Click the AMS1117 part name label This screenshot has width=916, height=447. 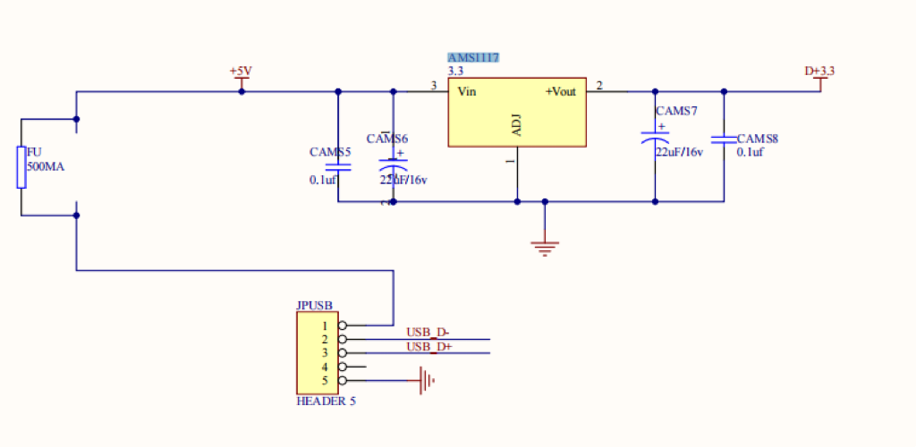(x=473, y=57)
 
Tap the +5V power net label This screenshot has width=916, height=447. (x=241, y=71)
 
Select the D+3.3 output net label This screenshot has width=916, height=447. (x=819, y=71)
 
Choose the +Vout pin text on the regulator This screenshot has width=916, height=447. (x=561, y=91)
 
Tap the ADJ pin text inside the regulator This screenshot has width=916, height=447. (x=516, y=126)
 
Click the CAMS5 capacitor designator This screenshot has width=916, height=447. (x=330, y=152)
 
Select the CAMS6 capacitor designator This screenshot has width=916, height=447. (x=386, y=139)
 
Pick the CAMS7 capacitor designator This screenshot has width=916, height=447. (x=676, y=111)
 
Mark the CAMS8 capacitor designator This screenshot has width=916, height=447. (x=757, y=139)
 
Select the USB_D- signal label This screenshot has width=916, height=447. (x=428, y=333)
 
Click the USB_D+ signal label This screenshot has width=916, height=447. (x=428, y=347)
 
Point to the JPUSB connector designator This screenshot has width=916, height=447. (x=314, y=305)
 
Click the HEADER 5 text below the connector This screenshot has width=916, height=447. (x=326, y=401)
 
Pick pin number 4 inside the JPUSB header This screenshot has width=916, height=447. (x=325, y=367)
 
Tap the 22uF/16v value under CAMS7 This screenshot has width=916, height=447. (x=679, y=152)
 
